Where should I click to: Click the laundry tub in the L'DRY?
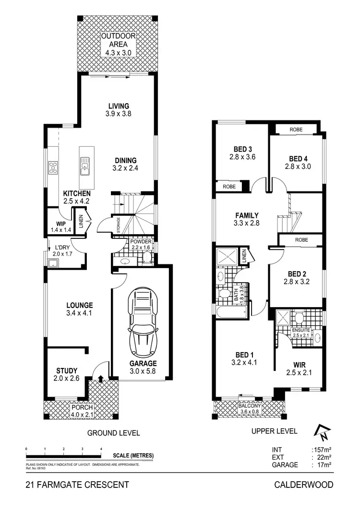[x=52, y=262]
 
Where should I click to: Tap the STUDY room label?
[x=67, y=370]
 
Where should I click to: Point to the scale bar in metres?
[x=63, y=455]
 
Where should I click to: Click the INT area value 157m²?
[x=323, y=450]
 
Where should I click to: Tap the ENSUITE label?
[x=301, y=330]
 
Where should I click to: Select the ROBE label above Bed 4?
[x=296, y=130]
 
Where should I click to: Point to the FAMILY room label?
[x=247, y=215]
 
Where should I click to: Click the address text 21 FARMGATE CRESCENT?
[x=77, y=485]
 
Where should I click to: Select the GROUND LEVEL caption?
[x=113, y=433]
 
